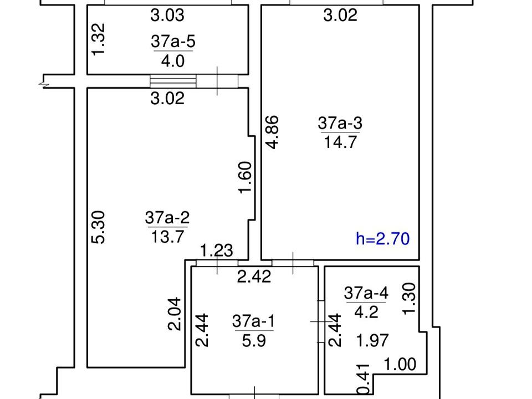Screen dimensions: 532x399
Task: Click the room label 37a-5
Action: pyautogui.click(x=173, y=42)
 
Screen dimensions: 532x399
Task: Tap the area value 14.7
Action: pyautogui.click(x=340, y=142)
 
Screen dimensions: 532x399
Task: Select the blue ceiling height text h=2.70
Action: pyautogui.click(x=383, y=238)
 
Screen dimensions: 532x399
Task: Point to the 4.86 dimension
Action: pyautogui.click(x=273, y=132)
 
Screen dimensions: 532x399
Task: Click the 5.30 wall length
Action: pyautogui.click(x=99, y=227)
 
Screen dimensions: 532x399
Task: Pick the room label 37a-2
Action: pyautogui.click(x=167, y=217)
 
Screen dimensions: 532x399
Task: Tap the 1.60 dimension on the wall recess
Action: pyautogui.click(x=245, y=177)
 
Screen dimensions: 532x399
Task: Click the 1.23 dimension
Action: pyautogui.click(x=217, y=251)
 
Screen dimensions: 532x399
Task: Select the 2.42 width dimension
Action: pyautogui.click(x=254, y=277)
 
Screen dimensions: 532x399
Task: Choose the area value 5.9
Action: pyautogui.click(x=254, y=340)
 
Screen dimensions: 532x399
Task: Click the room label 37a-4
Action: pyautogui.click(x=366, y=293)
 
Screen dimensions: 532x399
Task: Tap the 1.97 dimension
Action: pyautogui.click(x=372, y=340)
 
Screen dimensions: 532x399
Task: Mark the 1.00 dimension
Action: pyautogui.click(x=400, y=365)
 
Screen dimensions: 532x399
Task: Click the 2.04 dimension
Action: pyautogui.click(x=175, y=314)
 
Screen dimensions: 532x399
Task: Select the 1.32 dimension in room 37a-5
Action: pyautogui.click(x=99, y=39)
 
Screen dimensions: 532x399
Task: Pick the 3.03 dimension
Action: pyautogui.click(x=167, y=16)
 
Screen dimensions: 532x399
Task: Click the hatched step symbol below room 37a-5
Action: pyautogui.click(x=173, y=81)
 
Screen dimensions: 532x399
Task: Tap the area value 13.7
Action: pyautogui.click(x=167, y=237)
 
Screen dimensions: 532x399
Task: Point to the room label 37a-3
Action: pyautogui.click(x=340, y=123)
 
